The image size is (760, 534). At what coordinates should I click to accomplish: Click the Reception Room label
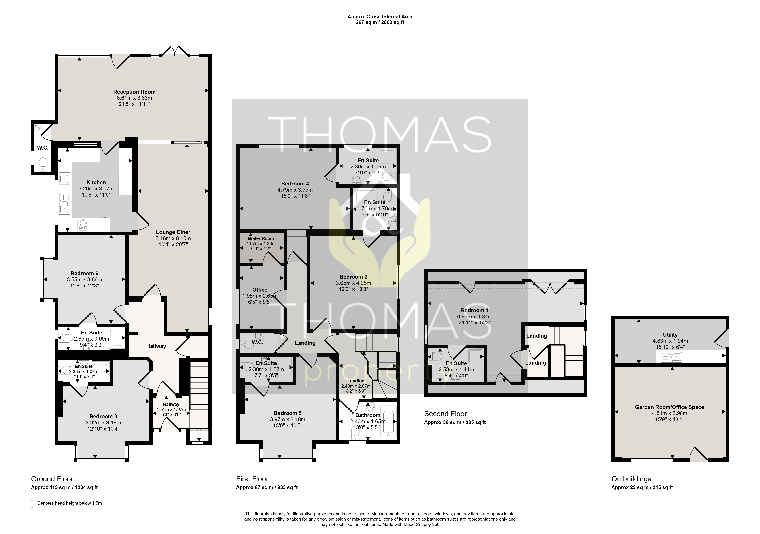134,92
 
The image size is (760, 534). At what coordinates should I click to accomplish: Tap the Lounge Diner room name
173,232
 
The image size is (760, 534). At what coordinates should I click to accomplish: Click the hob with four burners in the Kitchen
83,225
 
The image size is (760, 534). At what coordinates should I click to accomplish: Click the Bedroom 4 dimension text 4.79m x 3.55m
295,190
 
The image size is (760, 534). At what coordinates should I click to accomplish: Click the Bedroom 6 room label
84,273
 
